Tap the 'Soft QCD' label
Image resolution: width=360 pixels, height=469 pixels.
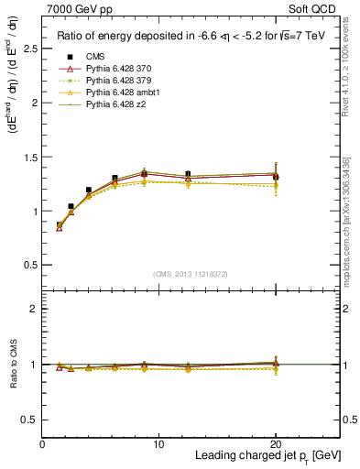coord(311,8)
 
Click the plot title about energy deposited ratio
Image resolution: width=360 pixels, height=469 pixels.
coord(191,37)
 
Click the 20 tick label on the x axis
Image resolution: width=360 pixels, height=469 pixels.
coord(276,443)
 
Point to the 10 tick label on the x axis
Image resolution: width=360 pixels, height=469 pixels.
coord(158,443)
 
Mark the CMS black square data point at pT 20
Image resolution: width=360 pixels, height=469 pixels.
coord(276,176)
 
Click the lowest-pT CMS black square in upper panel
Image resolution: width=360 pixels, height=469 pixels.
coord(60,224)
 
